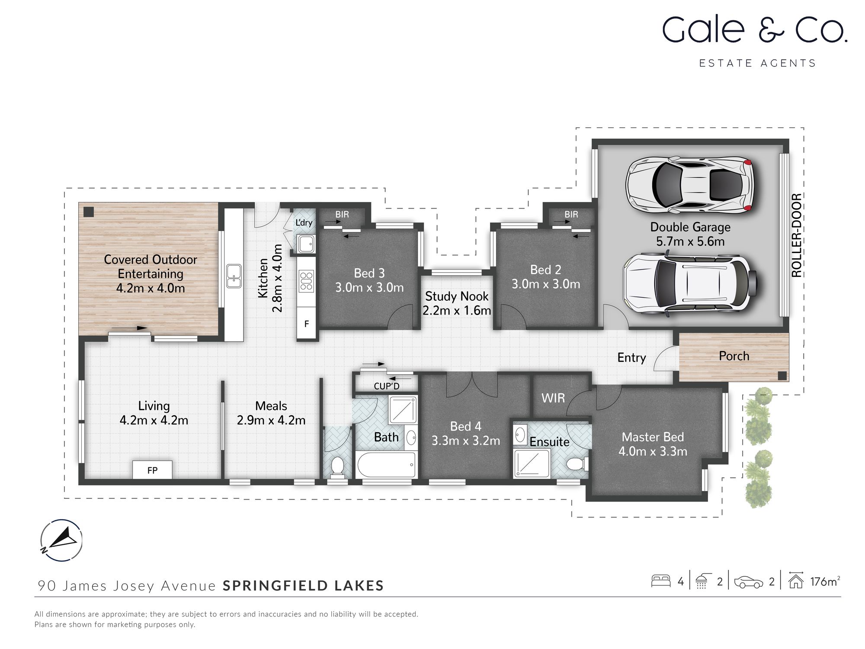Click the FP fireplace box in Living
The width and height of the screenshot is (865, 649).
click(152, 470)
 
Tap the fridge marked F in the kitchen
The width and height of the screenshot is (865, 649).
click(307, 323)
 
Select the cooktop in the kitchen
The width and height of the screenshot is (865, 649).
click(307, 280)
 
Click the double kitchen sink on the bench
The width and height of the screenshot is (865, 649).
click(234, 276)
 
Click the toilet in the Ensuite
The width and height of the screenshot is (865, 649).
click(577, 465)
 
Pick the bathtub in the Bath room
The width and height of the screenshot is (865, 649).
click(386, 465)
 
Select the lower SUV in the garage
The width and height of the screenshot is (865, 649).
click(689, 283)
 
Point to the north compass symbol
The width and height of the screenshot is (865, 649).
click(61, 540)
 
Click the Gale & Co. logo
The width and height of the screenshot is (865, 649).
click(754, 30)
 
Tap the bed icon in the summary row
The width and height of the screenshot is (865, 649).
click(660, 581)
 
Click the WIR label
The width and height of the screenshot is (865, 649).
click(553, 398)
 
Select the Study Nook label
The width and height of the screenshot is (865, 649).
click(457, 296)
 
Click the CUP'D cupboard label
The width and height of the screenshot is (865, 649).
click(387, 386)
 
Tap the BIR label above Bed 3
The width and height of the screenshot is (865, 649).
click(342, 214)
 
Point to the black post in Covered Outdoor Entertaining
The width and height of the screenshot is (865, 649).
click(89, 212)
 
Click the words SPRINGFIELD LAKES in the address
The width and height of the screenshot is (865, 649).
click(303, 585)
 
